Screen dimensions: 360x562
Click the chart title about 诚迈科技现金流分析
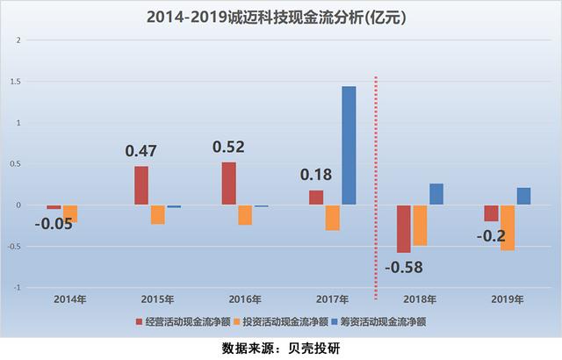(x=281, y=17)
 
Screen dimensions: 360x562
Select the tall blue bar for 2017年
(x=349, y=146)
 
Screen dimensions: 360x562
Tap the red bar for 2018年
(x=403, y=228)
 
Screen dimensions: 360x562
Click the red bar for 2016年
(x=228, y=184)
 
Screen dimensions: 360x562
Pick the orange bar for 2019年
(x=508, y=227)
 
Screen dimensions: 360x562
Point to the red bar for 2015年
(x=141, y=185)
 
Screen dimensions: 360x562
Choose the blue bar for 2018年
(x=436, y=194)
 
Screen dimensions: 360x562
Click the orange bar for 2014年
(x=70, y=213)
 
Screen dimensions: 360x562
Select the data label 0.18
(x=315, y=175)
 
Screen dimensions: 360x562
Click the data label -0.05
(x=54, y=223)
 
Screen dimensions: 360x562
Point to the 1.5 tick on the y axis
(x=14, y=82)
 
